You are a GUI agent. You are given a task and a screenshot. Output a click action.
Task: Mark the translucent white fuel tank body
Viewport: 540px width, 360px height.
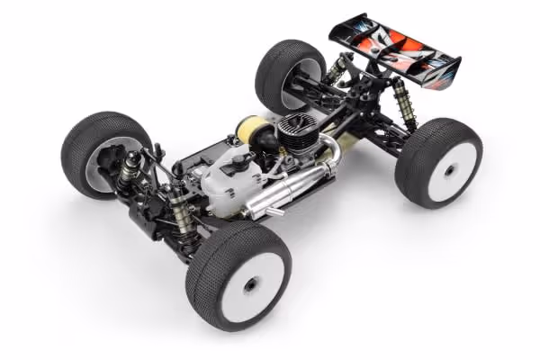point(225,184)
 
